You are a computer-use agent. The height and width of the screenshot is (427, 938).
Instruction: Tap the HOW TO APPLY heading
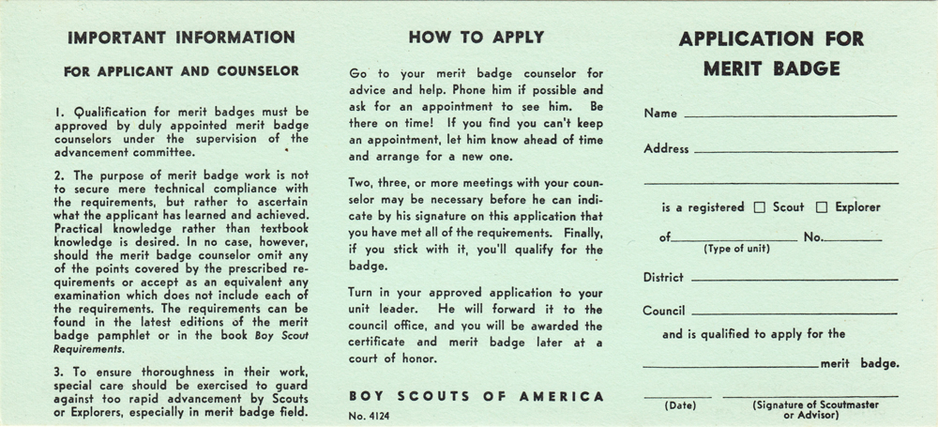(476, 38)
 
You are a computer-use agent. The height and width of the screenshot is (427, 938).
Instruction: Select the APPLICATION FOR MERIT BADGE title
(772, 53)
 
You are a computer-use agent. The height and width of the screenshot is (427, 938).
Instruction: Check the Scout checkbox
(760, 207)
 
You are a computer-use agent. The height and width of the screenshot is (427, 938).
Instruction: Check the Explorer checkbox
(822, 207)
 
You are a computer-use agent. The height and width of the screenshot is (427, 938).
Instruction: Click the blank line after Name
(790, 115)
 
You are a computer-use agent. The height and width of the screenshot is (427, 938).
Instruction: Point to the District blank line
(794, 280)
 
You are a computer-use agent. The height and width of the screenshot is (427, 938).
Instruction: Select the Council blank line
(794, 313)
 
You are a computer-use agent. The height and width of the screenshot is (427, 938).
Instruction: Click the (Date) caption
(677, 405)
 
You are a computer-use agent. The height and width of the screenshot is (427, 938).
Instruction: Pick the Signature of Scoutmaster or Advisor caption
(809, 409)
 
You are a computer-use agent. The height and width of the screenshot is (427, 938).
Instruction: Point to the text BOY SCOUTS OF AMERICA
(476, 396)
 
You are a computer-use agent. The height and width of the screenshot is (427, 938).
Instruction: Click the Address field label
(666, 148)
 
